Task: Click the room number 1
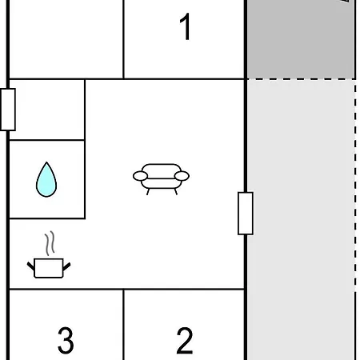coord(186,26)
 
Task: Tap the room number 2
coord(185,341)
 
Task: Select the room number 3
coord(66,341)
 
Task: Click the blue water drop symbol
coord(46,179)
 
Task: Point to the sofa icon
coord(161,179)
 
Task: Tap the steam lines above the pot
coord(50,243)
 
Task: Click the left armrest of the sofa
coord(140,176)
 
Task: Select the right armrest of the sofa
coord(182,176)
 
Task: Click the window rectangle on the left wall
coord(8,110)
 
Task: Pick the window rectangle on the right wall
coord(246,214)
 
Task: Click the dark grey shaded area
coord(302,39)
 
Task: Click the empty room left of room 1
coord(66,39)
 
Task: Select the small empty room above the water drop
coord(47,110)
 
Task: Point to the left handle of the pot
coord(30,266)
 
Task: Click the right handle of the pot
coord(67,266)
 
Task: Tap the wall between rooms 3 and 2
coord(124,325)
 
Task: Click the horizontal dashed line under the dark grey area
coord(302,79)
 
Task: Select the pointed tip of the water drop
coord(46,162)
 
